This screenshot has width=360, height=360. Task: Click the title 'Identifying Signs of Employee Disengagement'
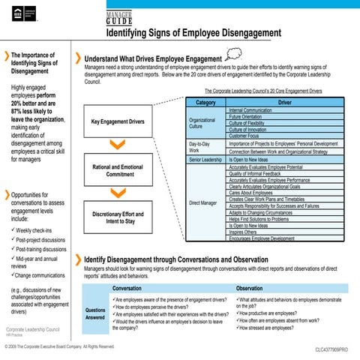pyautogui.click(x=193, y=34)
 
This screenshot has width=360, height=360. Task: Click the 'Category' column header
pyautogui.click(x=205, y=101)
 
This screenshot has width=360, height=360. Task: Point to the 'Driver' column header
pyautogui.click(x=285, y=101)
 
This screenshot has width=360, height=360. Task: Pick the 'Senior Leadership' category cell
pyautogui.click(x=205, y=160)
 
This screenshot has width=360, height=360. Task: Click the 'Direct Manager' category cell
pyautogui.click(x=205, y=202)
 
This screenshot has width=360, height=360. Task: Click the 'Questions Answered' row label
pyautogui.click(x=95, y=314)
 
